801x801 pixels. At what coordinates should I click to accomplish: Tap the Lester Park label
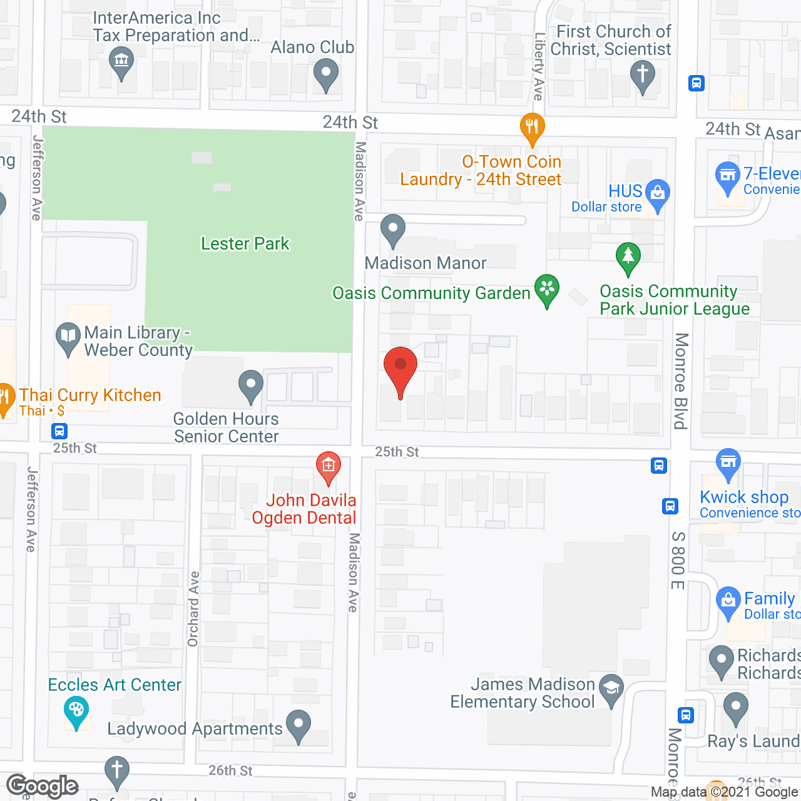tap(245, 243)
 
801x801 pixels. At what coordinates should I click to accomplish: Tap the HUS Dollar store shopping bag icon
tap(658, 194)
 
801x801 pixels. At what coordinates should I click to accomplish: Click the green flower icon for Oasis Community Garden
tap(547, 290)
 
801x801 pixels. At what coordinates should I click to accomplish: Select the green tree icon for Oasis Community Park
tap(628, 258)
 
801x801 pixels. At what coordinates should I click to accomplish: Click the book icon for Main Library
tap(68, 337)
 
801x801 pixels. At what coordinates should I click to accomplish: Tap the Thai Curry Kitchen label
tap(90, 395)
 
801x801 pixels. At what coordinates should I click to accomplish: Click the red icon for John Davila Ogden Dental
tap(328, 467)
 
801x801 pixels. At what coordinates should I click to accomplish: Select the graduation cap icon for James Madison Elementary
tap(611, 689)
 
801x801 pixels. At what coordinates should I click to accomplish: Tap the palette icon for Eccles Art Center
tap(76, 712)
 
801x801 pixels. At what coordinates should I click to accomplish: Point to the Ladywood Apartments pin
tap(298, 726)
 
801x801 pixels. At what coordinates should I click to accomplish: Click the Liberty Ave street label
tap(539, 66)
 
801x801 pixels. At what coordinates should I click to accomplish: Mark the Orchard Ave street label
tap(193, 608)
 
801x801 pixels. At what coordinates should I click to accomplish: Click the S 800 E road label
tap(678, 561)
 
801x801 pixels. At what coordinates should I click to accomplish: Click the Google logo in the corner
tap(43, 786)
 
